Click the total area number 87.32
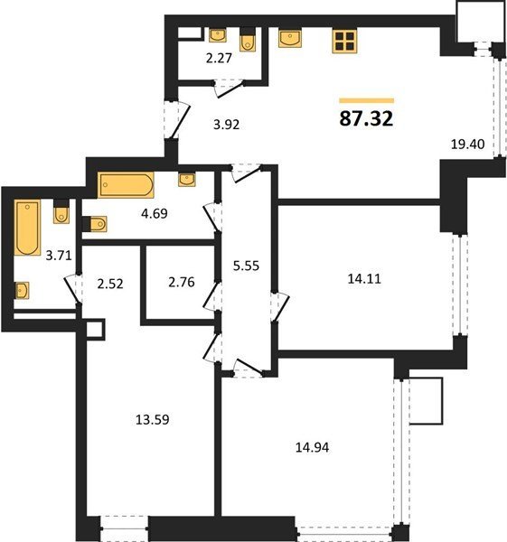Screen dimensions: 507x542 (366, 118)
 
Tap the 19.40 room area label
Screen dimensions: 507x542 (467, 144)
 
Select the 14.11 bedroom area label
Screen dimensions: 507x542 (364, 278)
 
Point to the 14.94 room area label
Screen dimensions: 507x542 (313, 447)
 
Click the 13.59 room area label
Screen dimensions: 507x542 (153, 420)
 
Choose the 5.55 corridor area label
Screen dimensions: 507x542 (246, 266)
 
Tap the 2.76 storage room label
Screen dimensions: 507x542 (182, 282)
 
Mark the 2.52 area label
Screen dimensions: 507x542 (110, 284)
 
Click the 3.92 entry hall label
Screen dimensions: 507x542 (227, 125)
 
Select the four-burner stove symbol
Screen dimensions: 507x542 (344, 42)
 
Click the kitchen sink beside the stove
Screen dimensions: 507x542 (290, 39)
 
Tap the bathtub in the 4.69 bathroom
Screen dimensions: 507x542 (126, 185)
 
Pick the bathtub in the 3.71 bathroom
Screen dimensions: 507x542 (27, 227)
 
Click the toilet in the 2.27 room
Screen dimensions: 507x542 (248, 40)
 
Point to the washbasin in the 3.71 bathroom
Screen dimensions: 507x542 (22, 290)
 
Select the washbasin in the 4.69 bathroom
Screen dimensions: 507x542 (187, 180)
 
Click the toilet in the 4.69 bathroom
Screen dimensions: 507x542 (95, 224)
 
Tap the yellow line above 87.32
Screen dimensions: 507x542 (367, 100)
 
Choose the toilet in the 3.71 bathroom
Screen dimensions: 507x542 (61, 211)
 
